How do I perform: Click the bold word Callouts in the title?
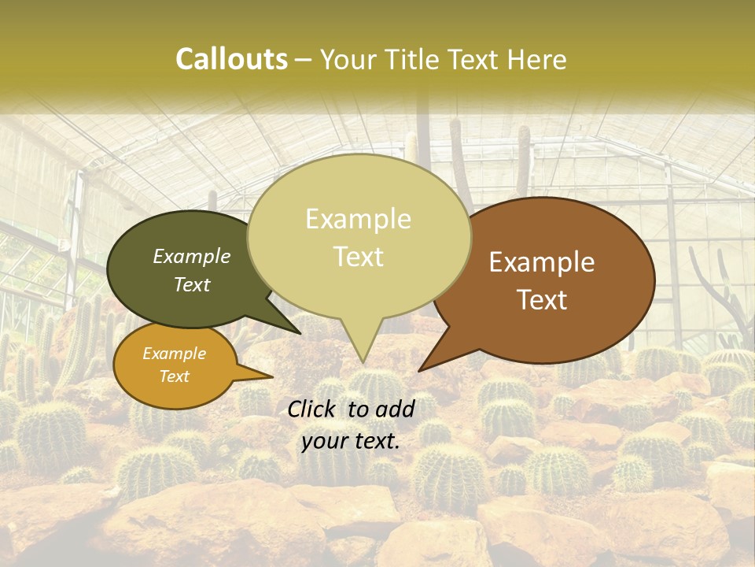coord(231,59)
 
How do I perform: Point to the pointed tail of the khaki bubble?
coord(361,350)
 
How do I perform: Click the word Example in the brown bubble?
coord(542,262)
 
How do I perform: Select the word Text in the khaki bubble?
coord(359,257)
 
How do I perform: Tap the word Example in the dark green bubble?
coord(192,256)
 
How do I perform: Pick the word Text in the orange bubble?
coord(174,376)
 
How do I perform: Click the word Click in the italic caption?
coord(314,409)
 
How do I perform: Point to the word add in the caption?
coord(395,409)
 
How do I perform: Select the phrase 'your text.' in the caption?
coord(351,441)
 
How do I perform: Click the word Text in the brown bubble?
coord(542,300)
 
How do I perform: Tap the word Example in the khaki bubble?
coord(359,219)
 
